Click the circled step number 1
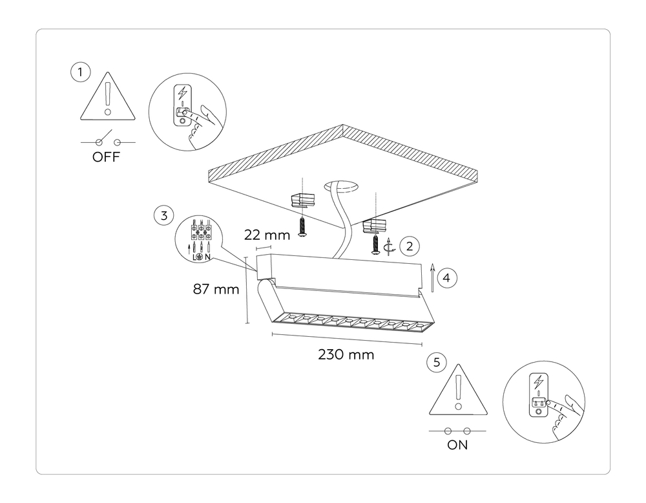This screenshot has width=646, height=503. pyautogui.click(x=79, y=72)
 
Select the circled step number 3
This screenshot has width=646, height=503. pyautogui.click(x=164, y=215)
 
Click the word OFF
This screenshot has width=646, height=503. pyautogui.click(x=107, y=158)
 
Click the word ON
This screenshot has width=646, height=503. pyautogui.click(x=457, y=445)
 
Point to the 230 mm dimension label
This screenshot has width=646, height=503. pyautogui.click(x=346, y=355)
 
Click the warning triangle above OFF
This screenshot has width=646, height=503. pyautogui.click(x=107, y=99)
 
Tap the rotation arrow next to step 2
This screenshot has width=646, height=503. pyautogui.click(x=388, y=246)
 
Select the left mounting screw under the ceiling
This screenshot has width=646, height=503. pyautogui.click(x=302, y=226)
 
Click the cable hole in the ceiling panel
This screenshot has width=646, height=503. pyautogui.click(x=342, y=187)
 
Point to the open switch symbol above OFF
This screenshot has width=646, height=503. pyautogui.click(x=107, y=142)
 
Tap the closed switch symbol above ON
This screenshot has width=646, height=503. pyautogui.click(x=457, y=431)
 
